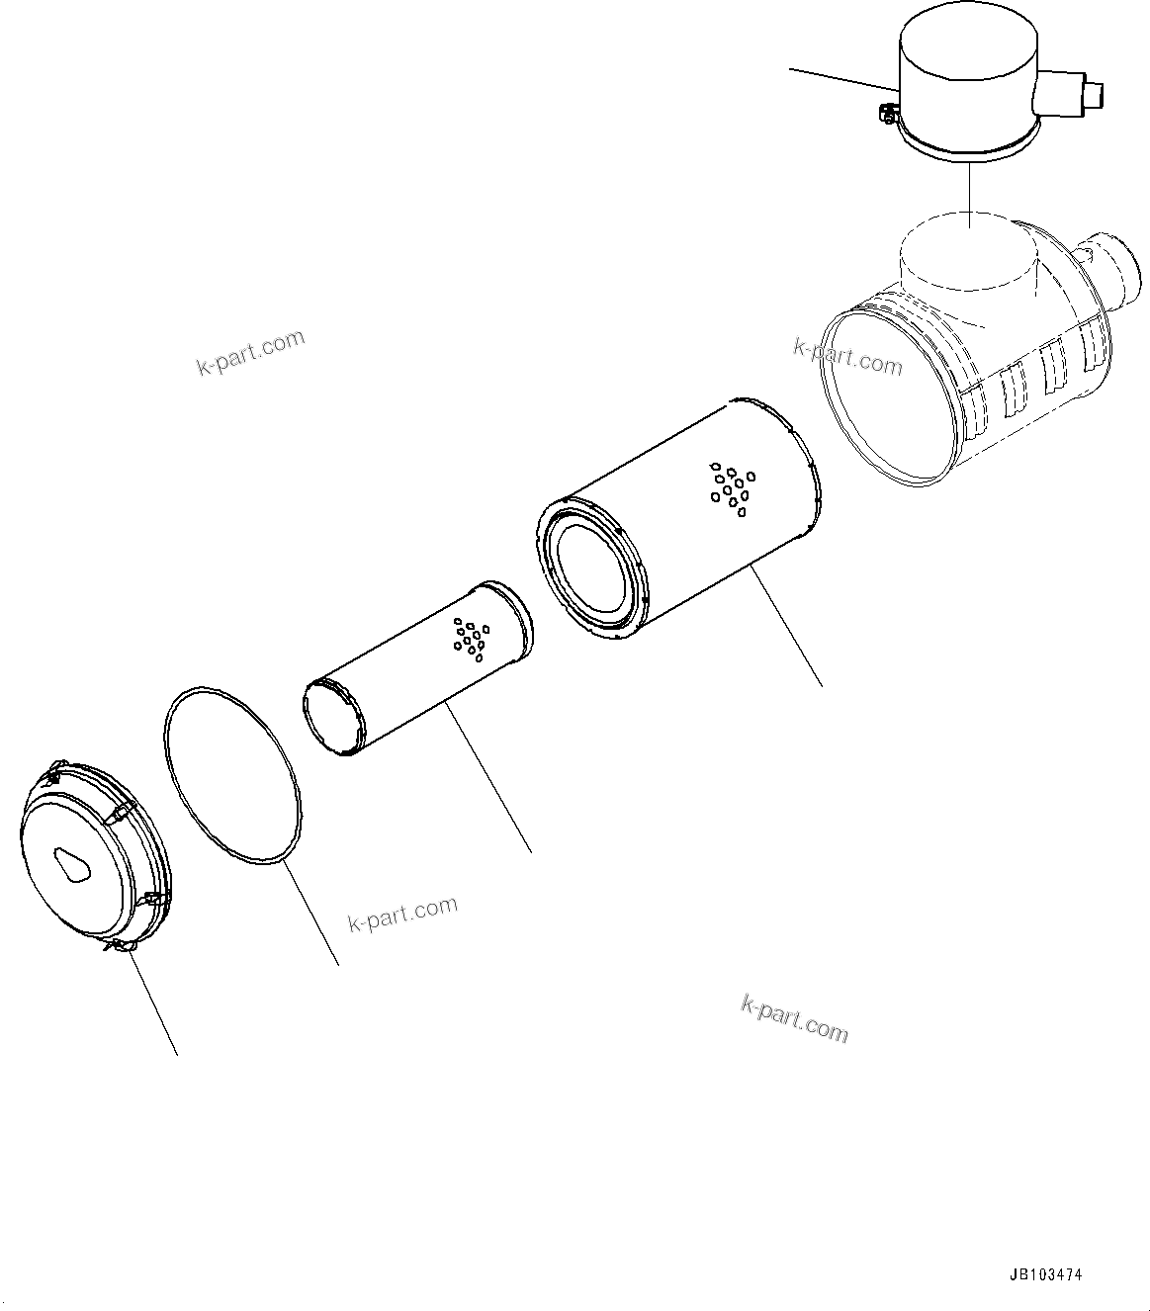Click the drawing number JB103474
[1045, 1274]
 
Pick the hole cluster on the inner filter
[469, 639]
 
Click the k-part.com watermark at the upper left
[251, 353]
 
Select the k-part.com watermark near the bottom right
[794, 1017]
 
